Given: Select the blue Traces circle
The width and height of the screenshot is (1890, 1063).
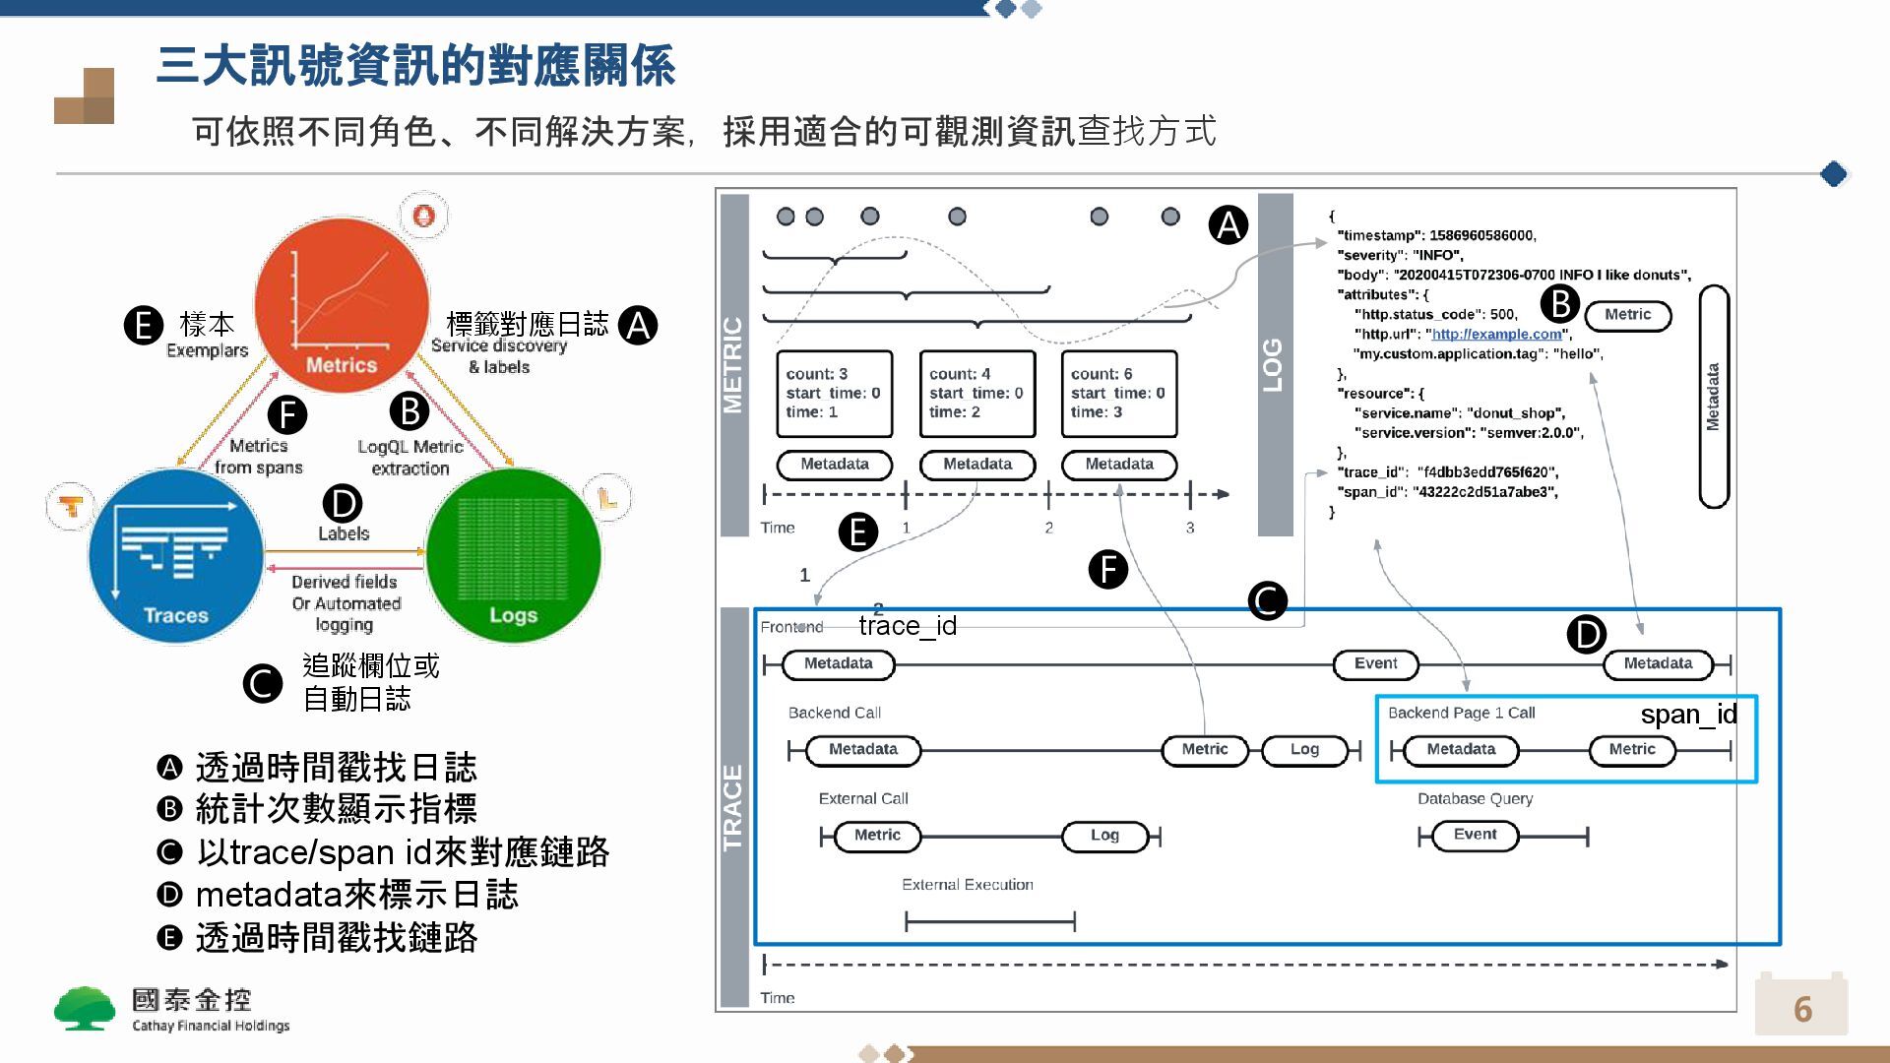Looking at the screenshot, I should (x=176, y=556).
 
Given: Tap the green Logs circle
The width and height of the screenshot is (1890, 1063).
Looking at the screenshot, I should (x=513, y=556).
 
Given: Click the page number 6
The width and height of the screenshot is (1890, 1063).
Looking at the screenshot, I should (x=1801, y=1009).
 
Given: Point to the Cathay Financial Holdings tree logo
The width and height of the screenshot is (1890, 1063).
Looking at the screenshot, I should (x=85, y=1009).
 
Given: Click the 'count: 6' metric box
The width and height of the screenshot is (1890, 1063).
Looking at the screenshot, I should (x=1119, y=394).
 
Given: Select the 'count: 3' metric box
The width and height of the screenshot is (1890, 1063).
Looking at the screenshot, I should (x=834, y=394).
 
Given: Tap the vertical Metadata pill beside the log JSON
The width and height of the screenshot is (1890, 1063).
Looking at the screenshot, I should (x=1714, y=397).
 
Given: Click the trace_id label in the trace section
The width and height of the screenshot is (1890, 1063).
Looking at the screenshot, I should (x=908, y=626).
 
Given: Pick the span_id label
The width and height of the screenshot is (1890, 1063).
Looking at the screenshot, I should (x=1688, y=715).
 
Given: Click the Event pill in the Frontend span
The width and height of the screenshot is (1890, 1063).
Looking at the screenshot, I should (x=1375, y=664).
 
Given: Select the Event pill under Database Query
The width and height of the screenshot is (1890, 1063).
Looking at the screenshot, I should (x=1475, y=836).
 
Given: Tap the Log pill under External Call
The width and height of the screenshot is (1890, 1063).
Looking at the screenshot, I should (x=1104, y=836).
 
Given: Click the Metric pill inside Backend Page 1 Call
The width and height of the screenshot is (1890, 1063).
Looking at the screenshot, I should (x=1632, y=750).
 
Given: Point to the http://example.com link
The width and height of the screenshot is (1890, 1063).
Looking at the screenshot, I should (x=1496, y=335).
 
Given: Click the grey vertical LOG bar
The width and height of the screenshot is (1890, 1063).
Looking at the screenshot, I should (x=1275, y=364).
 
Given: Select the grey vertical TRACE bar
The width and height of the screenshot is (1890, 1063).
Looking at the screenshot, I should (x=734, y=807).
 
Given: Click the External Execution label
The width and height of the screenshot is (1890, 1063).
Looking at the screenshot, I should (x=968, y=885).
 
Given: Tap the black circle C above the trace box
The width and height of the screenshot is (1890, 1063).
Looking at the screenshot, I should (x=1267, y=600).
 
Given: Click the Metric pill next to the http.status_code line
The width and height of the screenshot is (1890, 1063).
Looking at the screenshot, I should (x=1628, y=315).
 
